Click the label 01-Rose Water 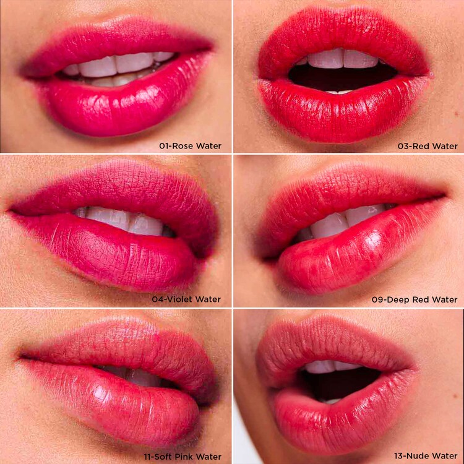pyautogui.click(x=190, y=146)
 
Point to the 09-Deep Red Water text pyautogui.click(x=415, y=299)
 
